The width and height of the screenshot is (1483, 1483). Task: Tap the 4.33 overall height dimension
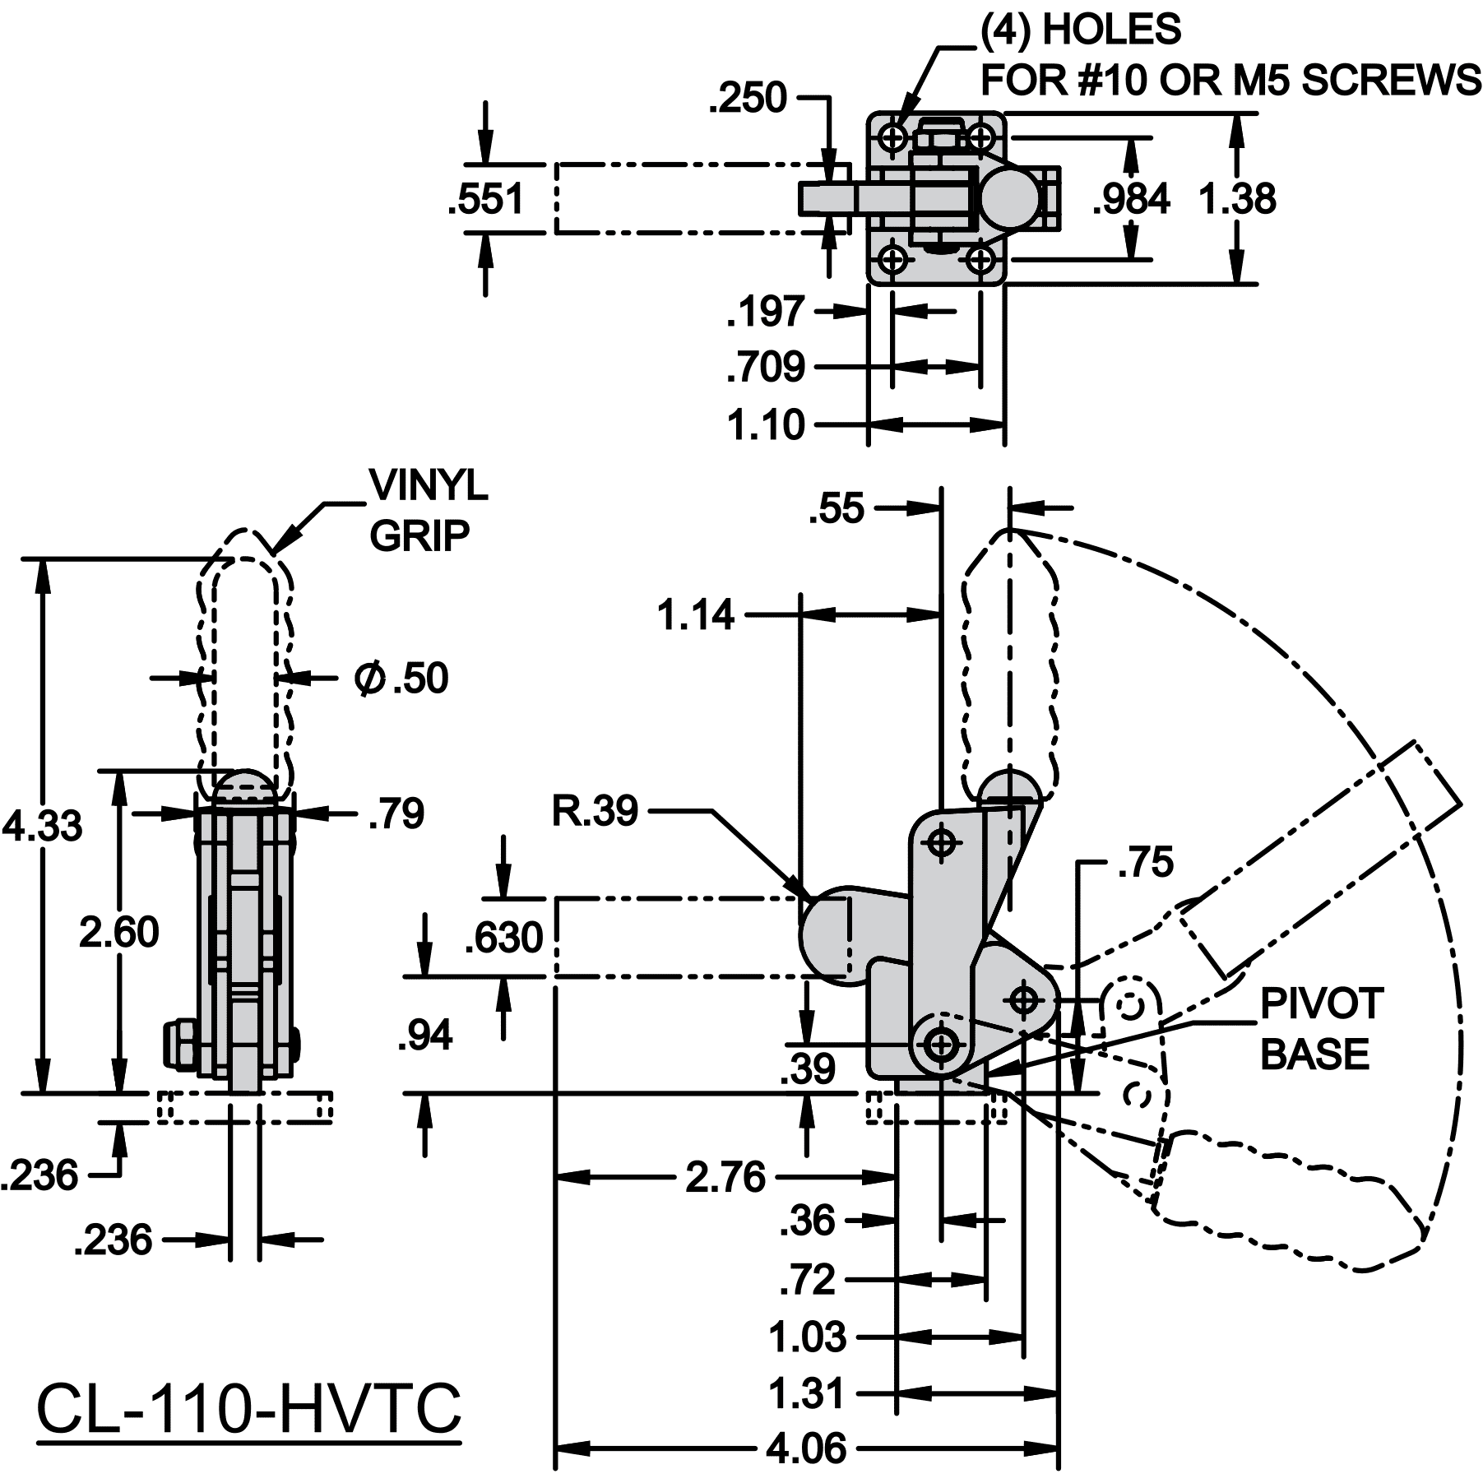(43, 826)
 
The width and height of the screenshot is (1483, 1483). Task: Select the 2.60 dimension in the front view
(119, 933)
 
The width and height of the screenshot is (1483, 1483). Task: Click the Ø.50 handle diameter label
(401, 679)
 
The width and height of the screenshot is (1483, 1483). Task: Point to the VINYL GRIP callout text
(428, 511)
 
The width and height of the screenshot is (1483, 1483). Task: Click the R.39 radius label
(594, 811)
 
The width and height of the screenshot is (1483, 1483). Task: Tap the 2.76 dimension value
(725, 1177)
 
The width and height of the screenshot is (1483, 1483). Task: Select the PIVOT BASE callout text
(1322, 1029)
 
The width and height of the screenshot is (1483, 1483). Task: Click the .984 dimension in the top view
(1131, 199)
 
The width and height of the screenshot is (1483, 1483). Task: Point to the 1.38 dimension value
(1237, 199)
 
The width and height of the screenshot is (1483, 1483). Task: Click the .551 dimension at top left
(486, 199)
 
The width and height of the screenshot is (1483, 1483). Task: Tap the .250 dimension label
(748, 98)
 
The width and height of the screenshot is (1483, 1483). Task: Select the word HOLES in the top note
(1111, 30)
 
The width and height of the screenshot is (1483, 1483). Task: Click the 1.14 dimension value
(695, 614)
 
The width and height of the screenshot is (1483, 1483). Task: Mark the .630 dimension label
(504, 938)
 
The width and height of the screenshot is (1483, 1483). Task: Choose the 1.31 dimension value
(806, 1394)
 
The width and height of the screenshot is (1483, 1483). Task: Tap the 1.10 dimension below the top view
(765, 425)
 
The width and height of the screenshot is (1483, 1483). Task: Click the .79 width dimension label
(396, 813)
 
